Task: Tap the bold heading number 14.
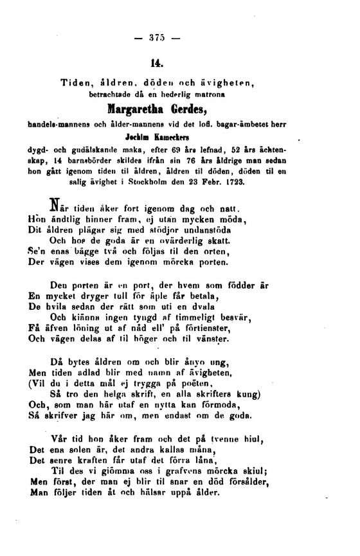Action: [x=157, y=63]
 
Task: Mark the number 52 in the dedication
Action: [x=240, y=148]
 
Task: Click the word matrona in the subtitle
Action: [x=230, y=94]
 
